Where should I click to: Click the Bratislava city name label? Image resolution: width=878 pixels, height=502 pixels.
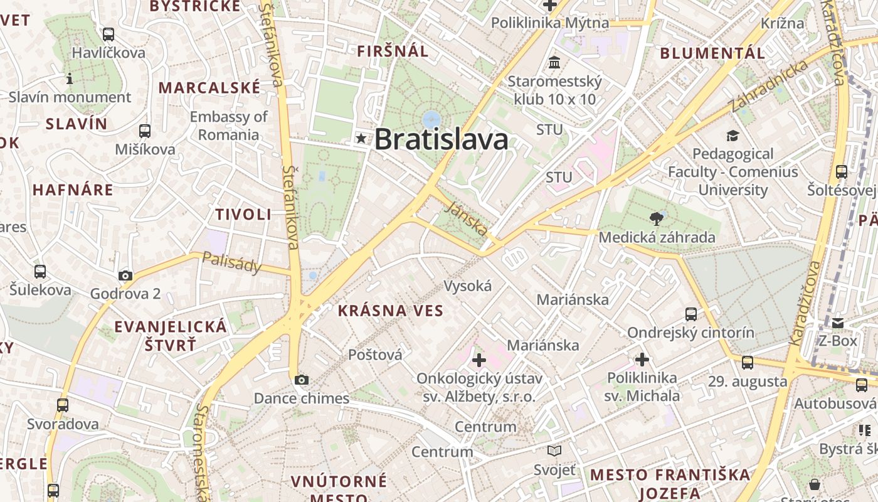[441, 139]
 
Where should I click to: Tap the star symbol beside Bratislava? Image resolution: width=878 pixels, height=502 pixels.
[361, 138]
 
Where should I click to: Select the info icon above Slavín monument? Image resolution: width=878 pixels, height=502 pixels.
[70, 79]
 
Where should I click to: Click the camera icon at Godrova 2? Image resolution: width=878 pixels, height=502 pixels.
[125, 275]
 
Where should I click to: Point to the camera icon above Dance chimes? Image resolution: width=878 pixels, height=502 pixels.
[302, 380]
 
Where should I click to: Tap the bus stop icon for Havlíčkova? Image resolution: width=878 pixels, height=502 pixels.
[108, 35]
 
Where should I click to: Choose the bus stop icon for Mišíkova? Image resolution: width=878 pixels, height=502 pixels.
[145, 131]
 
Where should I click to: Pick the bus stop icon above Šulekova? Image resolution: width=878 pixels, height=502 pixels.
[40, 272]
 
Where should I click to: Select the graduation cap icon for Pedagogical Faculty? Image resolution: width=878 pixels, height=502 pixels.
[733, 136]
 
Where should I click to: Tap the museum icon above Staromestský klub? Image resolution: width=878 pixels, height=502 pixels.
[554, 63]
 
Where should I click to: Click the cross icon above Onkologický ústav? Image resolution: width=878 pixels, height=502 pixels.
[479, 360]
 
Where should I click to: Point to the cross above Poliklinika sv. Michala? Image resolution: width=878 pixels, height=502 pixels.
[642, 360]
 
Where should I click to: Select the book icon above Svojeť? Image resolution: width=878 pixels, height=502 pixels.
[554, 451]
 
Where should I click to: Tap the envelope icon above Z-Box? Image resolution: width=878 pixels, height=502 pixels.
[838, 323]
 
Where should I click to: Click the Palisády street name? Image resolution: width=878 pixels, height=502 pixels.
[231, 263]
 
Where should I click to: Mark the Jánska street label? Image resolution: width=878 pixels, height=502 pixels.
[467, 218]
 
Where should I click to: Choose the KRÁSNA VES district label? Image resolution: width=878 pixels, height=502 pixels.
[391, 311]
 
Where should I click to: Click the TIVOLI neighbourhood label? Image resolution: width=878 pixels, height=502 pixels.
[243, 215]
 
